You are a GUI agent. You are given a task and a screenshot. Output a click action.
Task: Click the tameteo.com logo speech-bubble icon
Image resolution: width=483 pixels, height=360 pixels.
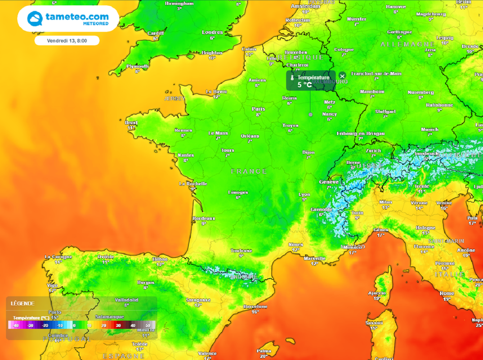point(35,19)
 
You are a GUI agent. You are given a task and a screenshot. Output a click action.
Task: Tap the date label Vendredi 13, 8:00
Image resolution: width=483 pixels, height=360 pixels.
point(67,41)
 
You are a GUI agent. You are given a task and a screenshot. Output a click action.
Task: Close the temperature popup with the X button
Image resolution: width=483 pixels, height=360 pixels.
point(342,76)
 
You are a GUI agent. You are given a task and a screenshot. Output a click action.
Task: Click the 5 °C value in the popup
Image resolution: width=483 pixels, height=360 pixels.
point(304,85)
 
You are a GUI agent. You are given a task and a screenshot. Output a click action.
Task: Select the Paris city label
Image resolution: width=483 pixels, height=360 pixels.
point(258,109)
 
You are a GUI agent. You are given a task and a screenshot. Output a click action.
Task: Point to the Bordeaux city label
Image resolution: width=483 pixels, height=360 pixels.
point(204,219)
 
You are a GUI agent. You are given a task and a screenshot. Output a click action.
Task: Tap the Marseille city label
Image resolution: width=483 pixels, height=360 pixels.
point(315,258)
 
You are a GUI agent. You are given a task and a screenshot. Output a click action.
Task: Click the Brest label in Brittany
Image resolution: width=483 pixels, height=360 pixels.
point(131,123)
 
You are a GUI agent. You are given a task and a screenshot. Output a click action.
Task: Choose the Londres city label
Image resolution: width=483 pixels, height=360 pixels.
point(212,33)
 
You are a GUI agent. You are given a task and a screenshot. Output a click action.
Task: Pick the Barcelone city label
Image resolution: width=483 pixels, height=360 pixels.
point(255,307)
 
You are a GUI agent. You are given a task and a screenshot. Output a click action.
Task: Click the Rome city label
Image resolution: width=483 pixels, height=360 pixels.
point(446,294)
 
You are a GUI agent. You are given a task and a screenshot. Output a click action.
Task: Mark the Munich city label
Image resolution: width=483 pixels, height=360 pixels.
point(430,129)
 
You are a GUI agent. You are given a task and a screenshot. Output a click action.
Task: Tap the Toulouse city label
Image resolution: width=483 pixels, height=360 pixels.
point(241,251)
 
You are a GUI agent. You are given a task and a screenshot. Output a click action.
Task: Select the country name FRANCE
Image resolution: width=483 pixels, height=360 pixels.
point(249,172)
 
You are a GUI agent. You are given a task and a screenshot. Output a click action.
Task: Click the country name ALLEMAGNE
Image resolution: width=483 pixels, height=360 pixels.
point(401,44)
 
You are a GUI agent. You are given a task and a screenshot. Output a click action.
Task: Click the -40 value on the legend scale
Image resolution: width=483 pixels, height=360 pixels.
point(16,325)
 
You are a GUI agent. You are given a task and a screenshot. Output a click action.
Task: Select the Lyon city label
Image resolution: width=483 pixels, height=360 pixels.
point(305,194)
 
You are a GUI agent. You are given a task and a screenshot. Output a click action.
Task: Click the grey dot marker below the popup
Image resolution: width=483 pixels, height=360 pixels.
point(310,115)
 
